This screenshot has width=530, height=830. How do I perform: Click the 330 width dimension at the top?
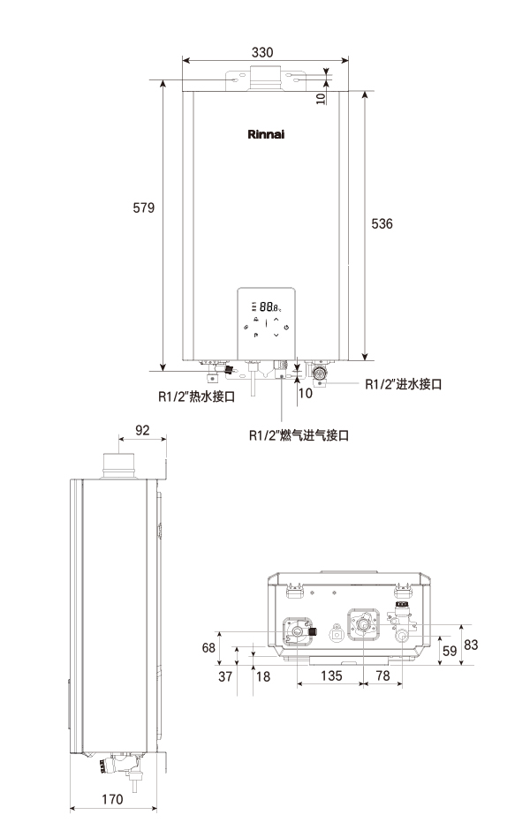[x=262, y=53]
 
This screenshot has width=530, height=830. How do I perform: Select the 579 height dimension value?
[x=144, y=208]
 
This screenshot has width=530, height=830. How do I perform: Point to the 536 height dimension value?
[x=382, y=224]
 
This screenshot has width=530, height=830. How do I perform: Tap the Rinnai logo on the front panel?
[x=265, y=136]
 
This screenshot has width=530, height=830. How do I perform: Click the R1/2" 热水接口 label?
[x=196, y=397]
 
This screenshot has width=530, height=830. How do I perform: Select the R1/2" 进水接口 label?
[x=403, y=385]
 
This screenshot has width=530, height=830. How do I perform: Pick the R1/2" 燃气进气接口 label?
[x=299, y=435]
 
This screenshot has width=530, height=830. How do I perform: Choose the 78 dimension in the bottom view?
[x=382, y=677]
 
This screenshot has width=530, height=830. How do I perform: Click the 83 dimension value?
[x=471, y=645]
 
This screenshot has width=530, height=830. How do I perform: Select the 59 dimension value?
[x=450, y=652]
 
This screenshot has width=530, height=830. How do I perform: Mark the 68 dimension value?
[x=208, y=648]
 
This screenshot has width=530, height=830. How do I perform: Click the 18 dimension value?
[x=262, y=677]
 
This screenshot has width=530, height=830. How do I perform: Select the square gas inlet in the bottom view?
[x=337, y=633]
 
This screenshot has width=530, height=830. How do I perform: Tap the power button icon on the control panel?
[x=286, y=327]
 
